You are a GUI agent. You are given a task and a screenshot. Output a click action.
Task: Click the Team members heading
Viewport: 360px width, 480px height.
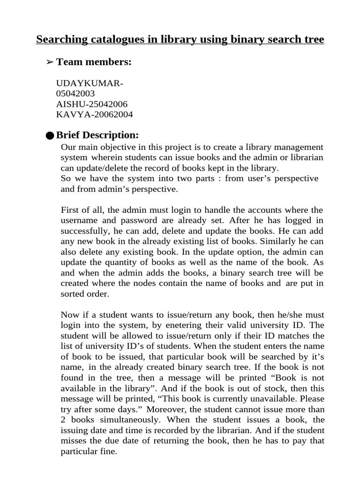pos(93,62)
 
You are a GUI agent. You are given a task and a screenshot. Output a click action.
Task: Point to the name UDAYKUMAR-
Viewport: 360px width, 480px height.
pos(90,83)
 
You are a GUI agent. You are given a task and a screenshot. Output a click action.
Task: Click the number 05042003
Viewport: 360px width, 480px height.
pos(75,94)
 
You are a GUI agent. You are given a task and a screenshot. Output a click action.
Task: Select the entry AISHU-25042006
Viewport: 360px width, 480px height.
pos(91,104)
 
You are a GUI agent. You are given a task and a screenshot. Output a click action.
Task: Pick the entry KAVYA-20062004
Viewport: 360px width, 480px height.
pos(94,114)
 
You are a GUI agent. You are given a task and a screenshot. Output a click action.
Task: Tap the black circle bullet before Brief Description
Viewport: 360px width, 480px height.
pos(50,136)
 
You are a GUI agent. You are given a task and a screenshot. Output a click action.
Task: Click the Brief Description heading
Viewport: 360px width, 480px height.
pos(97,135)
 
